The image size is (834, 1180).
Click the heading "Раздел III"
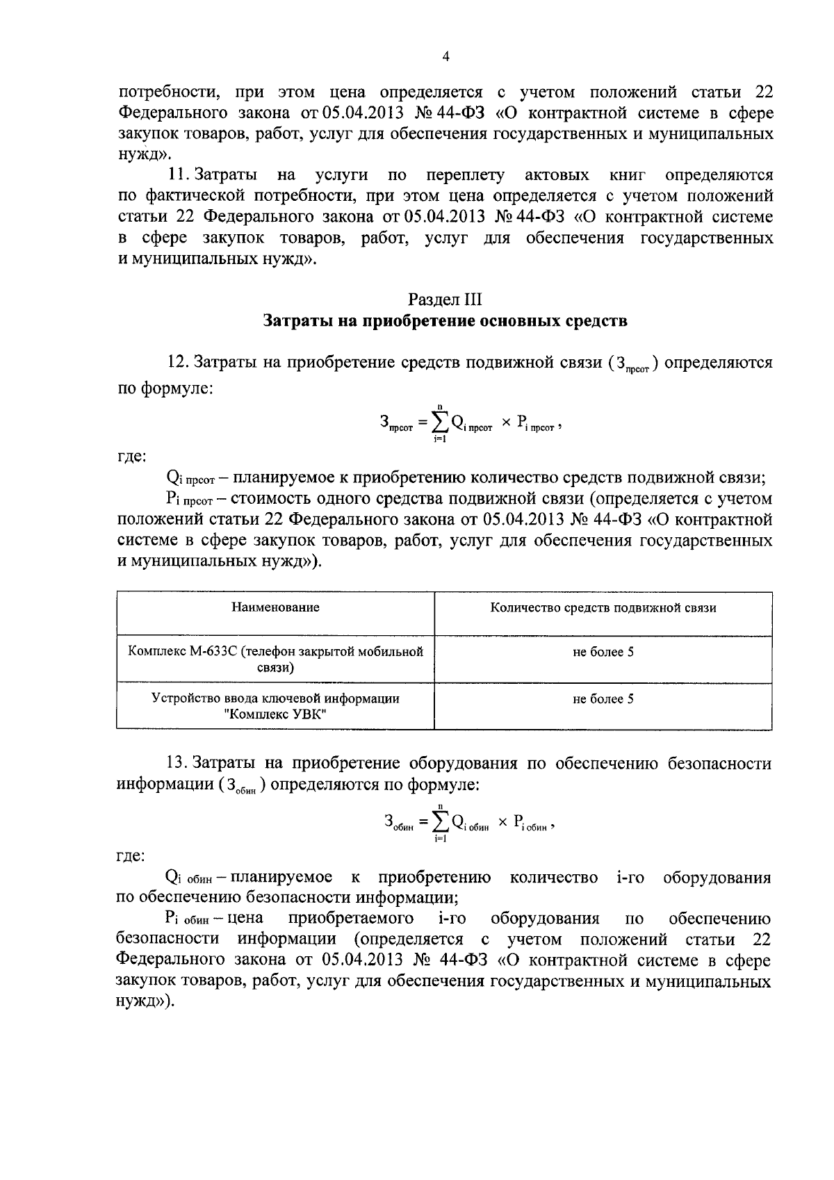pyautogui.click(x=445, y=300)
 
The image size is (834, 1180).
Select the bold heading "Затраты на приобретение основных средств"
pyautogui.click(x=445, y=321)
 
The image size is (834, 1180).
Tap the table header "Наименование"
pyautogui.click(x=275, y=607)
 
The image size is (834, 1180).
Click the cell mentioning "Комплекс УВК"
pyautogui.click(x=275, y=706)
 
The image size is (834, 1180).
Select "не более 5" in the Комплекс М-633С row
pyautogui.click(x=603, y=653)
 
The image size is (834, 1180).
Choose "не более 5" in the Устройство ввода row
pyautogui.click(x=603, y=699)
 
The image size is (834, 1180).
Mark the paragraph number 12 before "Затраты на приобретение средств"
pyautogui.click(x=178, y=363)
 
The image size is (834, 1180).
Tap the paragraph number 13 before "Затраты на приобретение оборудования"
pyautogui.click(x=178, y=764)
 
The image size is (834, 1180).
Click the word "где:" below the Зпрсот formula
pyautogui.click(x=131, y=457)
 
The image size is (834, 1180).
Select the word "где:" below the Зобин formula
pyautogui.click(x=131, y=857)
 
